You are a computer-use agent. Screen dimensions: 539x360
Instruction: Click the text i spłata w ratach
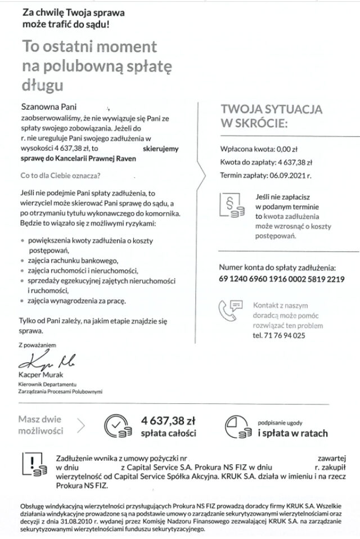[292, 434]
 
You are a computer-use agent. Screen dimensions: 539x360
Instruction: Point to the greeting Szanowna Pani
[47, 105]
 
